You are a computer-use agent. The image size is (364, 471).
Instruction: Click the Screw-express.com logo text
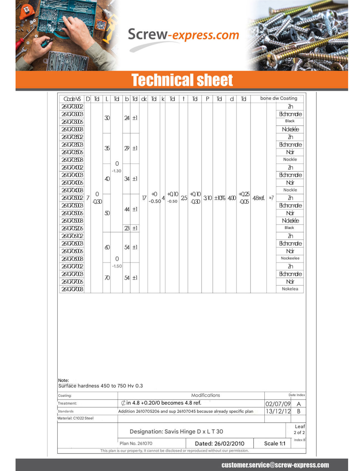(183, 34)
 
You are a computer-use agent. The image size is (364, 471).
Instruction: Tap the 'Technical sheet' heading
(182, 80)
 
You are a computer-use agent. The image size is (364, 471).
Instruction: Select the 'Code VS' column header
(72, 99)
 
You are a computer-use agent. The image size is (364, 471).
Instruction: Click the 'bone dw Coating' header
(279, 98)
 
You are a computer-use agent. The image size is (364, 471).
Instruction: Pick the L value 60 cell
(107, 247)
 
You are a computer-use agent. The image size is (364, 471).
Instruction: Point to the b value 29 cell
(127, 148)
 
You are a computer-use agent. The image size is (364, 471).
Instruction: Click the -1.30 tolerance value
(116, 171)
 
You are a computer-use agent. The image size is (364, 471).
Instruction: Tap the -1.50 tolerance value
(117, 266)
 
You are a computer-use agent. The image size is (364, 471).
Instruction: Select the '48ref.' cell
(258, 198)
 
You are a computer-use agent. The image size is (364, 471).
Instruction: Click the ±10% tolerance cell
(219, 198)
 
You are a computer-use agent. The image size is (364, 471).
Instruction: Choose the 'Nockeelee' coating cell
(290, 258)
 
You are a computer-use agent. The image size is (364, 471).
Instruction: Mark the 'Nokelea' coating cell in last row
(290, 289)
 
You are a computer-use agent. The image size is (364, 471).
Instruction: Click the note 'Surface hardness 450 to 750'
(101, 386)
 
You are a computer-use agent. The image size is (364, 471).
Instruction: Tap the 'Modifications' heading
(205, 395)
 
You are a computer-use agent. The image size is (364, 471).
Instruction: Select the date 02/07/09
(278, 404)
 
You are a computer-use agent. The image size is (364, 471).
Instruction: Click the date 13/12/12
(278, 411)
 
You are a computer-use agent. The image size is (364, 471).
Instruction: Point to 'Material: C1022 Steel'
(75, 418)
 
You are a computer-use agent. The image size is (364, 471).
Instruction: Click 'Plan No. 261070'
(136, 443)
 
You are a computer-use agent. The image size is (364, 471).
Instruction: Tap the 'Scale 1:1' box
(275, 444)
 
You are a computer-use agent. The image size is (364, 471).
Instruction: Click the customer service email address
(275, 465)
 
